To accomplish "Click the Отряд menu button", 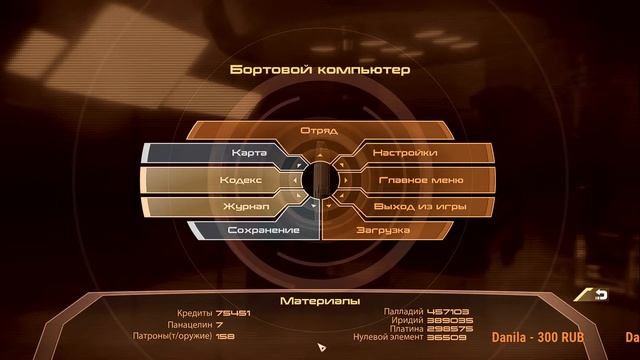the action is pyautogui.click(x=319, y=130).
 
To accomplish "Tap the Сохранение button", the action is pyautogui.click(x=263, y=231).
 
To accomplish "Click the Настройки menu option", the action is pyautogui.click(x=404, y=153).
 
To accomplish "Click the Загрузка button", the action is pyautogui.click(x=383, y=231).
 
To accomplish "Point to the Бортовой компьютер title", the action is pyautogui.click(x=319, y=72).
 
